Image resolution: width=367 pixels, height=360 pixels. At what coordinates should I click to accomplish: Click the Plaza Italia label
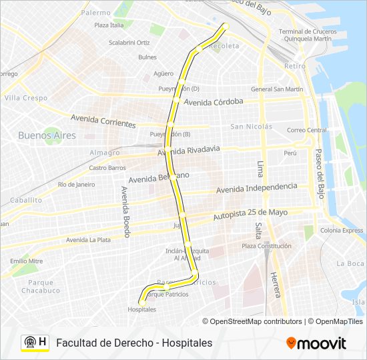point(109,25)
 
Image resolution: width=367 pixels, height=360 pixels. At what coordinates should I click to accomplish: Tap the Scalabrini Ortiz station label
point(129,43)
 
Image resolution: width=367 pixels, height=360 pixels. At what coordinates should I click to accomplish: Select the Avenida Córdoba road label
point(214,102)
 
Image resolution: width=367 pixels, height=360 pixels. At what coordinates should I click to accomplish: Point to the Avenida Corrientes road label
point(103,121)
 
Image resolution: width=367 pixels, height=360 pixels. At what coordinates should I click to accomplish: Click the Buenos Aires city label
point(47,135)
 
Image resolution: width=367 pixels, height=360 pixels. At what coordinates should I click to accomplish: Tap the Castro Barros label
point(107,168)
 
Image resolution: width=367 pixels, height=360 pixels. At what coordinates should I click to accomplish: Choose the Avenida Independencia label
point(256,189)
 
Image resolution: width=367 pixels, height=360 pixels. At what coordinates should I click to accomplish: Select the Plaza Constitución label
point(266,246)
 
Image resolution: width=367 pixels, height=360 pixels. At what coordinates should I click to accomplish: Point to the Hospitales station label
point(141,309)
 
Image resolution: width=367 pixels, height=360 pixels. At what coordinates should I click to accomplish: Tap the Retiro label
point(294,66)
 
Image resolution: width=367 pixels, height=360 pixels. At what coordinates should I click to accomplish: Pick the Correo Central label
point(306,130)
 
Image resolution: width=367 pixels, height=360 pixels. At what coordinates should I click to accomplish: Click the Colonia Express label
point(342,231)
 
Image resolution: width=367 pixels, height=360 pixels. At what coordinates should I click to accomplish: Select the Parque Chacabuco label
point(40,286)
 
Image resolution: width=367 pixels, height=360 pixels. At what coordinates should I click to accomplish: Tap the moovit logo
point(316,343)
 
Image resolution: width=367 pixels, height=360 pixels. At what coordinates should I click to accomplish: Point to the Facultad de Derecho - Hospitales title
point(134,343)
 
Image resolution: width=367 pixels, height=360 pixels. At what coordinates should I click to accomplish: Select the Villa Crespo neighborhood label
point(26,98)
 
